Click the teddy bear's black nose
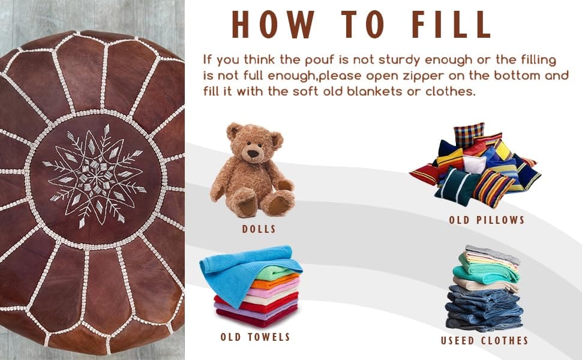pyautogui.click(x=253, y=153)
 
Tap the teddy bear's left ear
pyautogui.click(x=234, y=130)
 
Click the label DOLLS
pyautogui.click(x=259, y=229)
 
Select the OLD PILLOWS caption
pyautogui.click(x=486, y=220)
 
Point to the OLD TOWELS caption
pyautogui.click(x=255, y=337)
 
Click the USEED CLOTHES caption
pyautogui.click(x=484, y=341)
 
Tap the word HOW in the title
pyautogui.click(x=273, y=25)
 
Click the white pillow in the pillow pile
pyautogui.click(x=474, y=164)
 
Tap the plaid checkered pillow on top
pyautogui.click(x=469, y=134)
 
